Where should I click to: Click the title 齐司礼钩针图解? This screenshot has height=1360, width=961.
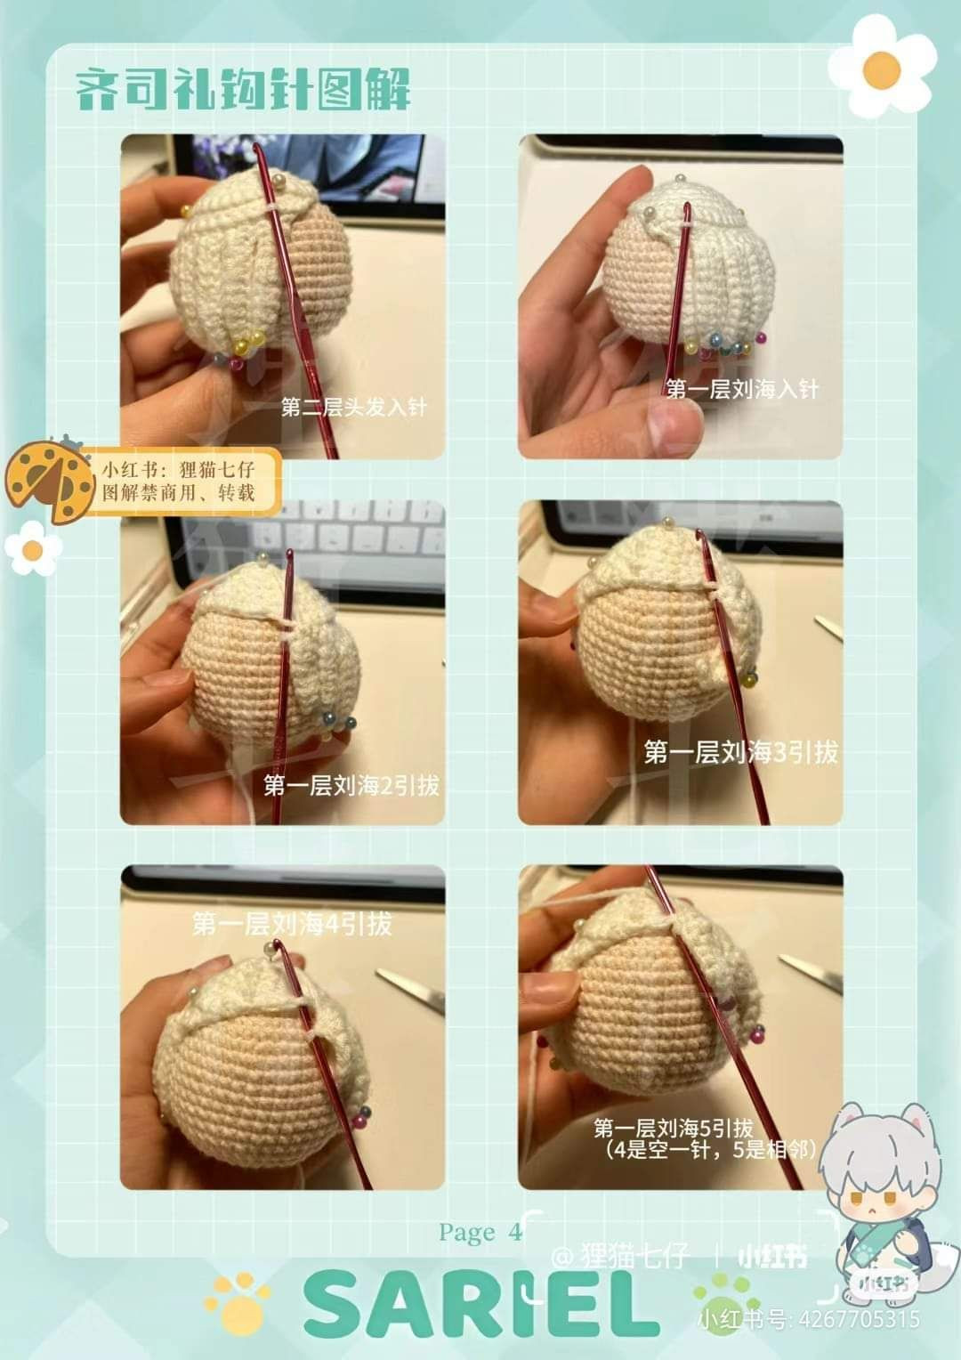click(x=243, y=89)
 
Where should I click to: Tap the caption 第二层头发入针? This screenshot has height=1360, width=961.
click(x=353, y=408)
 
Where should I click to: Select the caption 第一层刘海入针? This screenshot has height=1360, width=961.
click(x=742, y=389)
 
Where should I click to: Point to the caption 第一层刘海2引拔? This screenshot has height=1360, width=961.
click(x=351, y=785)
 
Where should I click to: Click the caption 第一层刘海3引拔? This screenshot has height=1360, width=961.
click(x=740, y=753)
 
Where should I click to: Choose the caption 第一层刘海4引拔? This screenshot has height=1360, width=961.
click(x=292, y=924)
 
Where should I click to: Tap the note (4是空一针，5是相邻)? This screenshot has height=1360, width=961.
click(x=710, y=1150)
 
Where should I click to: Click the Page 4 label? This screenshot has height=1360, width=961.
click(x=480, y=1232)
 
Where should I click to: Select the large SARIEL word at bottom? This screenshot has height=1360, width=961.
click(x=480, y=1304)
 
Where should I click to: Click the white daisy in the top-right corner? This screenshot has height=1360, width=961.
click(x=881, y=67)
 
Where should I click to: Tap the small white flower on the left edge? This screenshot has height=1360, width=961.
click(x=33, y=548)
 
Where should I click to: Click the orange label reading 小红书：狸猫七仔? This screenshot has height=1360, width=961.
click(x=182, y=481)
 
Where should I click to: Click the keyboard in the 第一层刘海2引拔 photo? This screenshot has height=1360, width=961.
click(x=347, y=534)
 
